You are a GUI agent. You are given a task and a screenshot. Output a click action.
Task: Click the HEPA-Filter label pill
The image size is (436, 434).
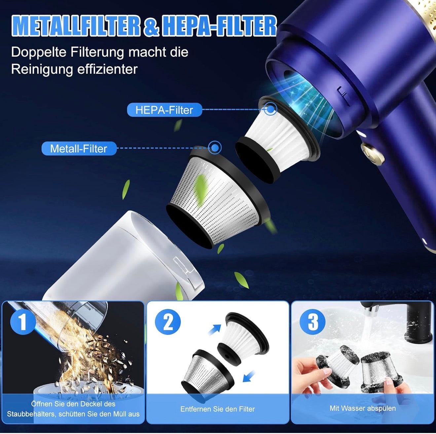click(164, 110)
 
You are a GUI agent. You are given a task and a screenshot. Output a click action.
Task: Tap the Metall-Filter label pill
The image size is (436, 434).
click(79, 149)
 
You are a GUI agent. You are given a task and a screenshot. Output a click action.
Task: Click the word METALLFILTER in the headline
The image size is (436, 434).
click(76, 26)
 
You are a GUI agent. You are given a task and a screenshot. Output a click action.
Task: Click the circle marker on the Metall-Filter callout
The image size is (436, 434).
click(215, 147)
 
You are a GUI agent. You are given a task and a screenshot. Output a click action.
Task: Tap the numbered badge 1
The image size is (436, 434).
click(22, 322)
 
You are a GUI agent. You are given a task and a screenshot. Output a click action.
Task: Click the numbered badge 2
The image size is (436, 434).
click(168, 322)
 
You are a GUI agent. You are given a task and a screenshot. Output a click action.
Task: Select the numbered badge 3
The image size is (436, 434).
click(312, 322)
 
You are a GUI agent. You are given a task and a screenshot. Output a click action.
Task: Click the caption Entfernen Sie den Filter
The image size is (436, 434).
click(218, 409)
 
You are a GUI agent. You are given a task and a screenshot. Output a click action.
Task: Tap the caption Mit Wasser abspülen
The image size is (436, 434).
click(363, 408)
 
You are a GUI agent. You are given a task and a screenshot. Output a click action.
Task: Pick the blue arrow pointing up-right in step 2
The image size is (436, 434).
click(215, 329)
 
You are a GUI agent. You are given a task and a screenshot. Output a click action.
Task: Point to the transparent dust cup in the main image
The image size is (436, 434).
click(126, 257)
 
